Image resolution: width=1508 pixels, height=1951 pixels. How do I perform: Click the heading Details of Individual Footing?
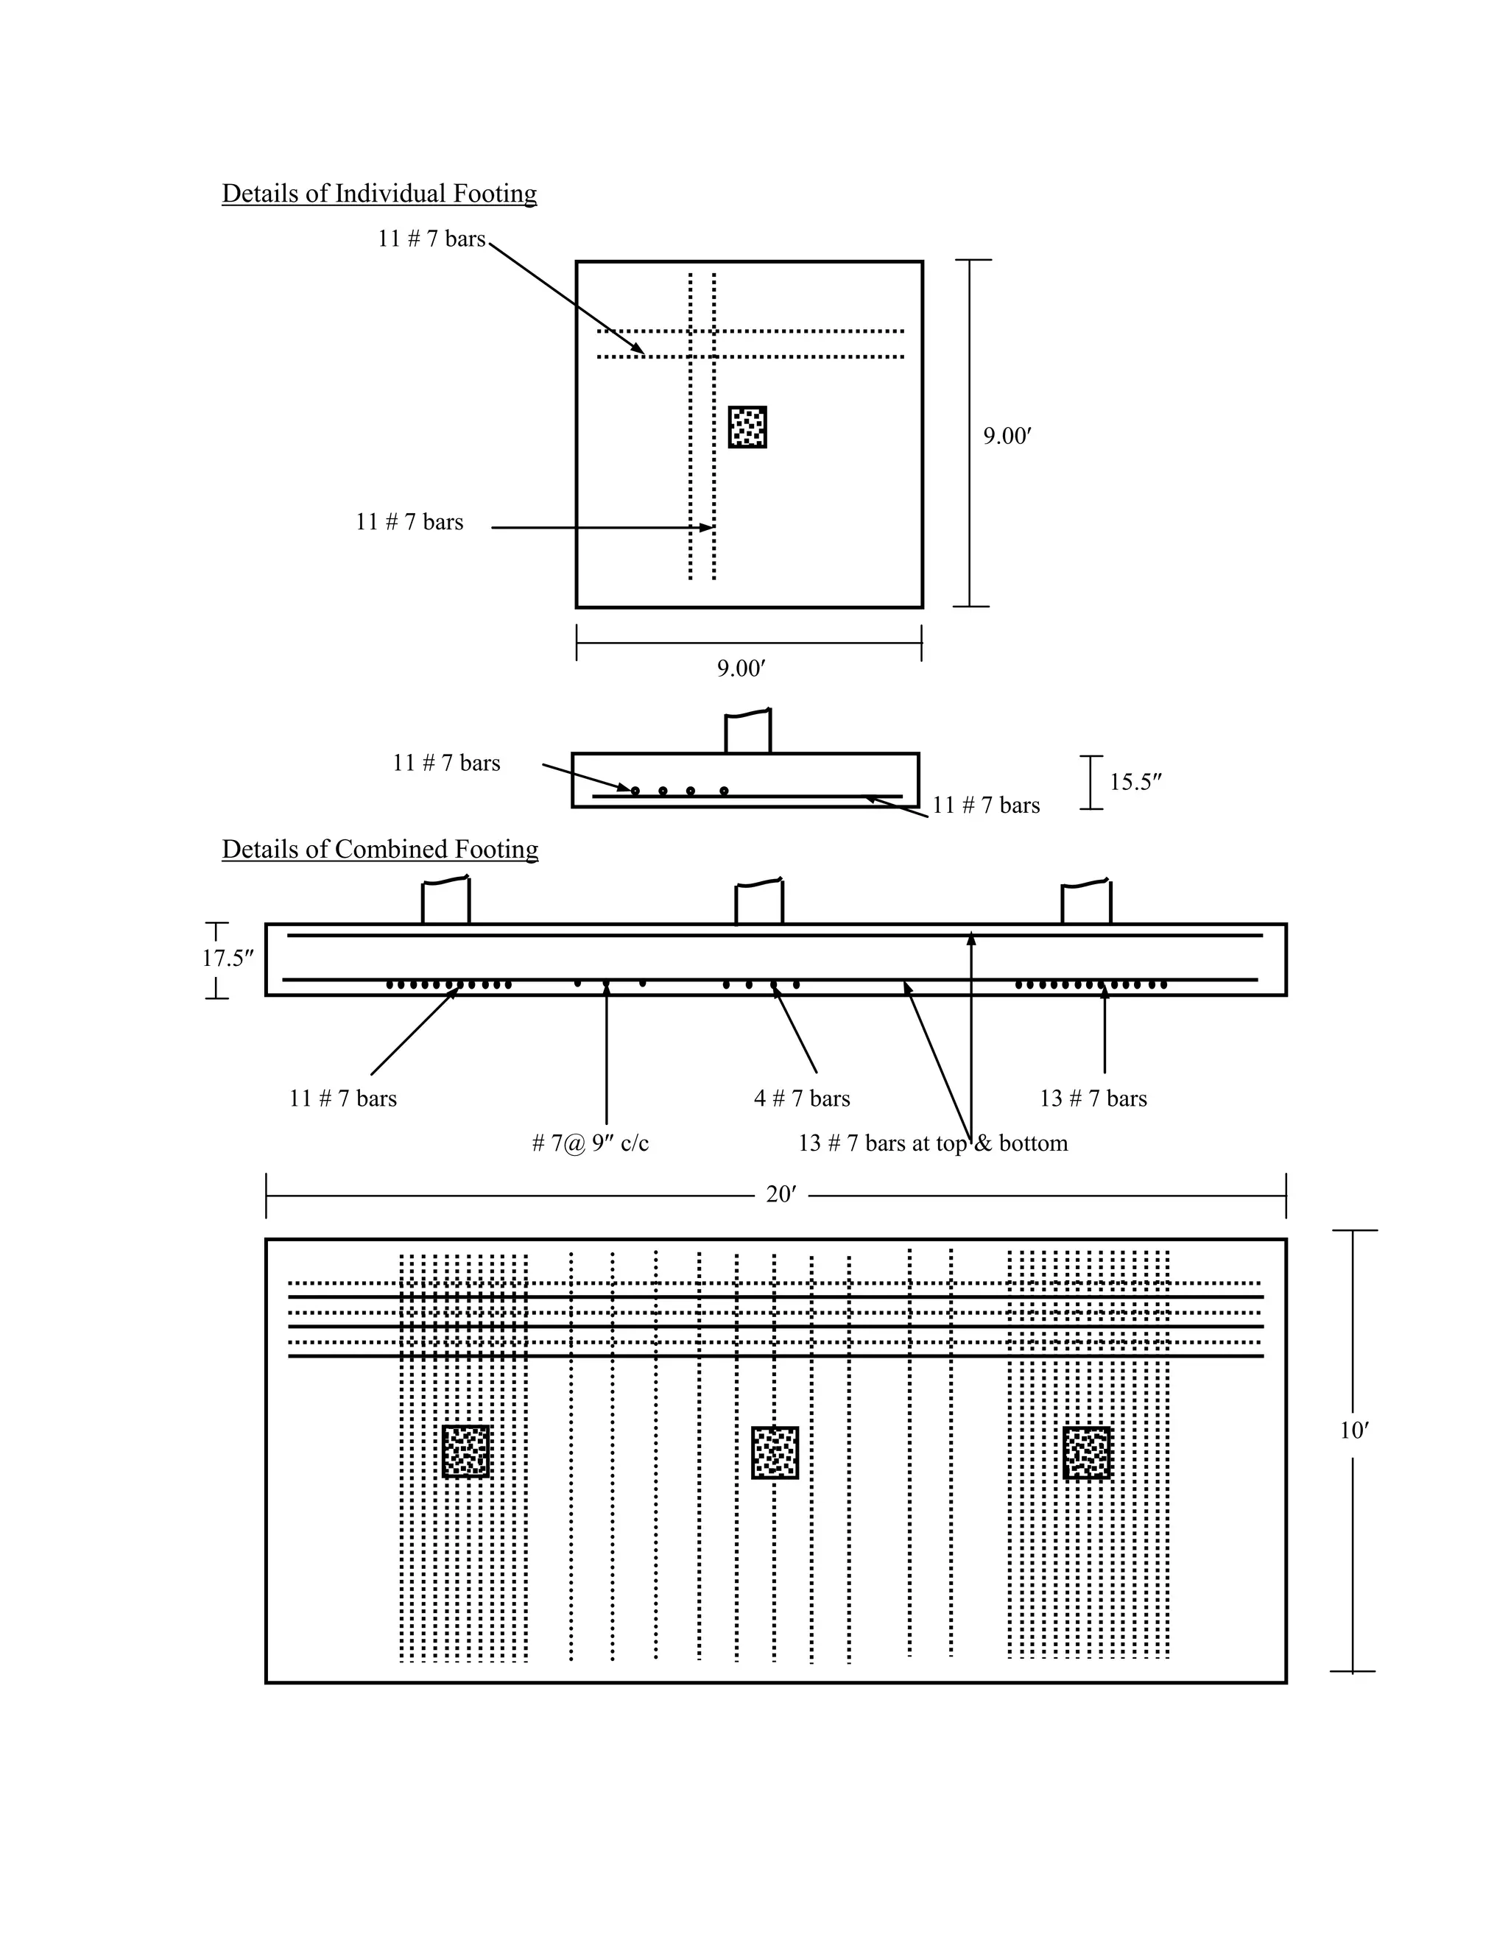pos(378,194)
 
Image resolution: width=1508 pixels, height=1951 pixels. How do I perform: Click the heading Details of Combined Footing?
pos(380,850)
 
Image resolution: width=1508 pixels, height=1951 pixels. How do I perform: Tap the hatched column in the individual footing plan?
pos(747,427)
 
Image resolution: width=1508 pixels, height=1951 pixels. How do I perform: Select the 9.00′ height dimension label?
pos(1007,436)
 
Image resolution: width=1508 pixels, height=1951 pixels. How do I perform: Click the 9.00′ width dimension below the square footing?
pos(741,668)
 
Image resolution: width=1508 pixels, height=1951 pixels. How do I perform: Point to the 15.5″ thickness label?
pos(1135,783)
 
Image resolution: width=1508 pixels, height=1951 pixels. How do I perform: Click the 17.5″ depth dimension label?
pos(228,959)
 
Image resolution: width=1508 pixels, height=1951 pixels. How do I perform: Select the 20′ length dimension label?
pos(780,1195)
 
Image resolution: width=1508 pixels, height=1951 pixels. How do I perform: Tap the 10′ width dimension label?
pos(1353,1431)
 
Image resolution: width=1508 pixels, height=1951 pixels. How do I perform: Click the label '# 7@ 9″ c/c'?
pos(590,1143)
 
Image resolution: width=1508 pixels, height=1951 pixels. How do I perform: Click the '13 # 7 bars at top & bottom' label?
pos(933,1143)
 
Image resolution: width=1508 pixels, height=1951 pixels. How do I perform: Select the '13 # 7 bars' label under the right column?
pos(1093,1098)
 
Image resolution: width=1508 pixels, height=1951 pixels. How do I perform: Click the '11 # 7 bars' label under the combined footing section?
pos(342,1098)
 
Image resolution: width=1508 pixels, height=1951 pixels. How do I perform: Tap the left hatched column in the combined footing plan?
pos(465,1452)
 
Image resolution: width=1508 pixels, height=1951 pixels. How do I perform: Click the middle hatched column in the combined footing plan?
pos(775,1453)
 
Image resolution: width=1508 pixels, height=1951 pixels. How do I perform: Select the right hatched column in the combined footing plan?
pos(1086,1453)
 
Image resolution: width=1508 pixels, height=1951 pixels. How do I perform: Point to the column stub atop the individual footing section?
pos(747,733)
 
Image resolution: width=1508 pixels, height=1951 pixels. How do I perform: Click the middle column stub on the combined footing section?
pos(758,903)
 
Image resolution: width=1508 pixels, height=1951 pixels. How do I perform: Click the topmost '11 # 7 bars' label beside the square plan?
pos(431,239)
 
